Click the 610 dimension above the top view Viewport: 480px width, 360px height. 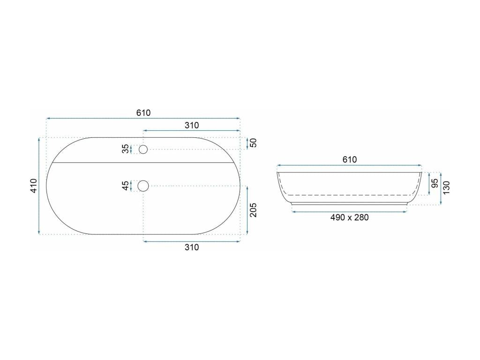point(143,112)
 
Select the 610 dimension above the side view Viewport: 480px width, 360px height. point(349,159)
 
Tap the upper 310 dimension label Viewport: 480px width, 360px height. point(192,125)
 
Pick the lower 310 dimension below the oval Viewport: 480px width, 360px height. point(192,247)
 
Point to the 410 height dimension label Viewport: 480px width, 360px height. point(33,186)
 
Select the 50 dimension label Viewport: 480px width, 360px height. point(254,143)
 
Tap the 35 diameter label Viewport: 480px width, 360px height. point(125,149)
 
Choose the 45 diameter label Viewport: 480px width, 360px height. point(125,186)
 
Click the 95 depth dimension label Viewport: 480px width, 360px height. point(435,183)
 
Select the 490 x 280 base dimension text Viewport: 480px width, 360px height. point(349,217)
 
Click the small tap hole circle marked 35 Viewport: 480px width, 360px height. point(143,149)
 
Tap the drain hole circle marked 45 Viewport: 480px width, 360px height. point(143,186)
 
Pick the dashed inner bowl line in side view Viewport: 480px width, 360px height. point(349,195)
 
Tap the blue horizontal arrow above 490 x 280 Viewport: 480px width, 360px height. point(349,212)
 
